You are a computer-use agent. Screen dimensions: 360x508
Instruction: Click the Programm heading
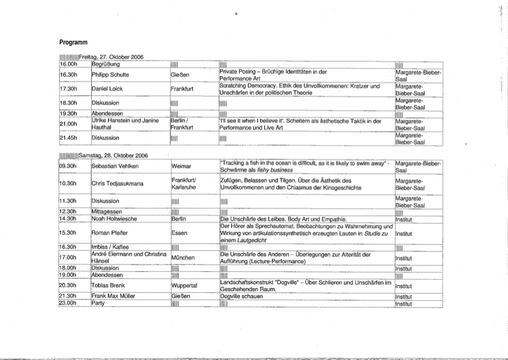74,42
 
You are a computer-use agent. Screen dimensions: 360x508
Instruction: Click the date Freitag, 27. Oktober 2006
110,57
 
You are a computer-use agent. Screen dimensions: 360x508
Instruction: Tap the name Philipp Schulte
110,76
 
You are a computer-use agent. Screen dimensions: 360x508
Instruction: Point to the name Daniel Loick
108,89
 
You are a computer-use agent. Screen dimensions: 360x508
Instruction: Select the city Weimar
181,166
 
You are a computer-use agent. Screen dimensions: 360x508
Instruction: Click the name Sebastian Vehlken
115,166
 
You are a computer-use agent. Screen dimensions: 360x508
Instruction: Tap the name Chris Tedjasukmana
118,184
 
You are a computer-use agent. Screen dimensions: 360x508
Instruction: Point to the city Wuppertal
185,285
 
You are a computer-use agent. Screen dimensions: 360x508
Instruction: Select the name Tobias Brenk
109,285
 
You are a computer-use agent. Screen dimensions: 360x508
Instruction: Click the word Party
98,303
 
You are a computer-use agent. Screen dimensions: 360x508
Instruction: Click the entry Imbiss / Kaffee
112,247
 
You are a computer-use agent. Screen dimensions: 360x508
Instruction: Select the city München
182,258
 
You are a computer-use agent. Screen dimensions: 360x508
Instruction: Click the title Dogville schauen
240,297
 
